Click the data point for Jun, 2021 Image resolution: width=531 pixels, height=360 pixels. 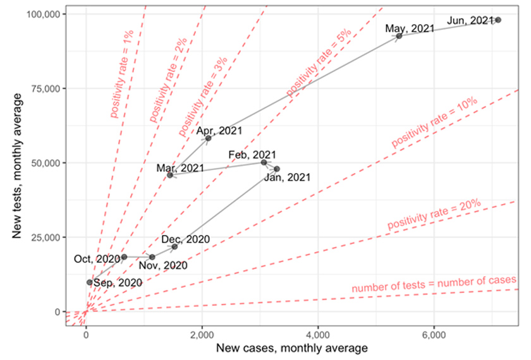pyautogui.click(x=498, y=20)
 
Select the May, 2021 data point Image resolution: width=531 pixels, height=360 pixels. pyautogui.click(x=400, y=36)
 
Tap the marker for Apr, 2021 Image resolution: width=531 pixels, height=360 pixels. pyautogui.click(x=208, y=138)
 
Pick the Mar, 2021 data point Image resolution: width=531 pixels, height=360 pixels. pyautogui.click(x=170, y=175)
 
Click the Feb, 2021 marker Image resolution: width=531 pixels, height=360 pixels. pyautogui.click(x=264, y=162)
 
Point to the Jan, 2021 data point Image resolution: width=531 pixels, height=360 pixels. pyautogui.click(x=277, y=169)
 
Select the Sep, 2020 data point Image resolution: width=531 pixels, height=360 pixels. pyautogui.click(x=90, y=282)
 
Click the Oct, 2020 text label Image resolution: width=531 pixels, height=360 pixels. pyautogui.click(x=97, y=259)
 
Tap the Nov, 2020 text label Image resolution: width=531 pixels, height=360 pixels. pyautogui.click(x=163, y=266)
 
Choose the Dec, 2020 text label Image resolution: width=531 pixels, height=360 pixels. pyautogui.click(x=185, y=239)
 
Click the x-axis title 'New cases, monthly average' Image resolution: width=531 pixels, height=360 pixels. pyautogui.click(x=292, y=348)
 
